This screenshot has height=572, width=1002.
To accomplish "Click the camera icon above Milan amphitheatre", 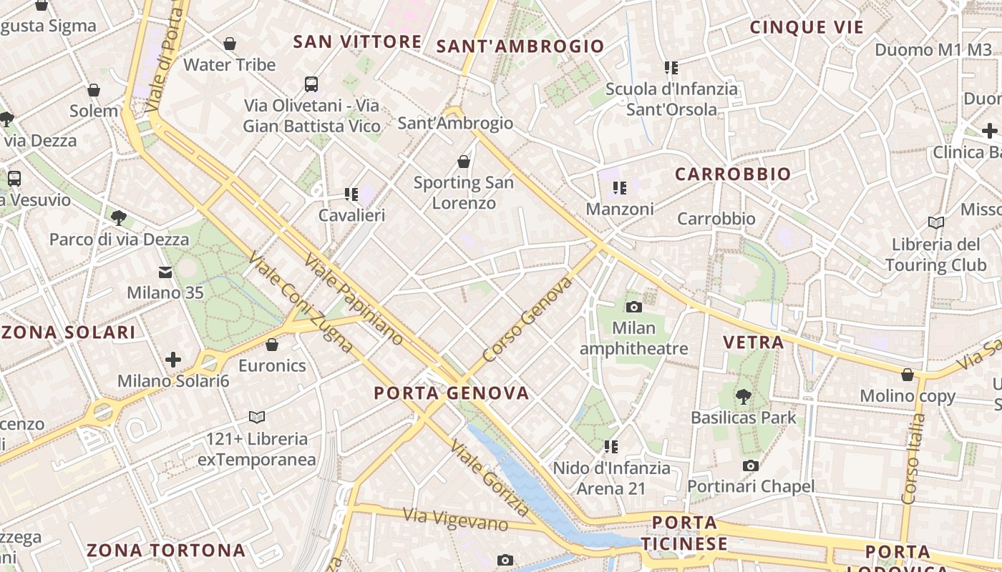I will [x=633, y=307].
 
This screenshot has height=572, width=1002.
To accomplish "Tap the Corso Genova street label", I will [x=528, y=320].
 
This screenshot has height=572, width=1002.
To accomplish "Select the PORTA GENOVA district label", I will [x=452, y=393].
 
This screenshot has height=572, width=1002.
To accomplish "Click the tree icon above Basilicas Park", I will [x=744, y=395].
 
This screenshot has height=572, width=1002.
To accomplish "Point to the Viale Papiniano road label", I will [x=354, y=299].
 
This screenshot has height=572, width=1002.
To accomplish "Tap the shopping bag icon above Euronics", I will [x=272, y=345].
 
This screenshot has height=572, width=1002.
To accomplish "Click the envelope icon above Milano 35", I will [x=165, y=272].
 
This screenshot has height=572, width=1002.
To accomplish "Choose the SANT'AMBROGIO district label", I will [x=520, y=47].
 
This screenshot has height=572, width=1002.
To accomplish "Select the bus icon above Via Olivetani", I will [x=311, y=84].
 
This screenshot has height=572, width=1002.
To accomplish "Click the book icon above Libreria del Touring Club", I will [x=935, y=222].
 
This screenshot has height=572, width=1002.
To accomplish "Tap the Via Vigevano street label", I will [x=455, y=520].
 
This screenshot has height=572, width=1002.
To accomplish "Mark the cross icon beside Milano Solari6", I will [x=173, y=360].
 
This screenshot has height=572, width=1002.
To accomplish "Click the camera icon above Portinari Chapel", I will [x=750, y=466].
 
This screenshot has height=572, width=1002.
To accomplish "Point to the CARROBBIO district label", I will [x=733, y=174].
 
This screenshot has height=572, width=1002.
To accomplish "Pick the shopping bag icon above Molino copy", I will [x=908, y=375].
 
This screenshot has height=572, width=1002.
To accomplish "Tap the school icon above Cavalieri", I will [x=351, y=194].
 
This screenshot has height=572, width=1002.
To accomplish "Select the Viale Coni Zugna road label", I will [x=300, y=303].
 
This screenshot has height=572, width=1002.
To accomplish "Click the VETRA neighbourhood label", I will [x=754, y=342].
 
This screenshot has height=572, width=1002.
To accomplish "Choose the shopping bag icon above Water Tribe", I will [x=230, y=44].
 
